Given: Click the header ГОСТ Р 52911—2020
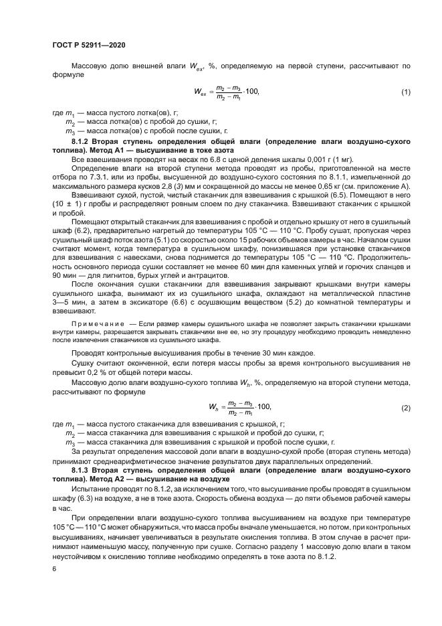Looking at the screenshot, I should (88, 44).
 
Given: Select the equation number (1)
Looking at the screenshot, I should (405, 92).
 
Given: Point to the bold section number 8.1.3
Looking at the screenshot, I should (82, 471).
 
